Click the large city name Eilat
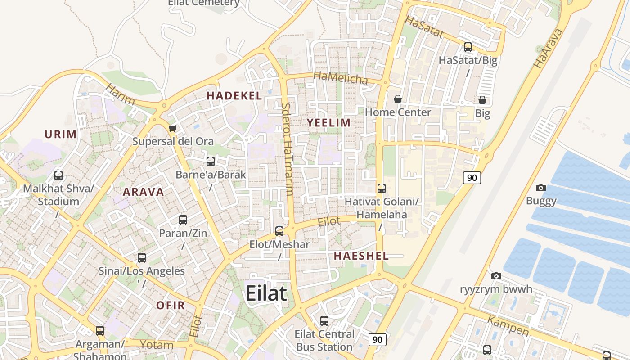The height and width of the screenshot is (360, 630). [x=266, y=293]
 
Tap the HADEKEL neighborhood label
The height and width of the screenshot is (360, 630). [x=234, y=95]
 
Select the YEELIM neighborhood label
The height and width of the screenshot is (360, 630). [x=328, y=122]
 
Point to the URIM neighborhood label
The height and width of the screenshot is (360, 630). [x=60, y=134]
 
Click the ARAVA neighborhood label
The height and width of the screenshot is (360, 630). [x=144, y=192]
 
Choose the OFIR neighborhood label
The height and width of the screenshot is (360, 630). [x=171, y=305]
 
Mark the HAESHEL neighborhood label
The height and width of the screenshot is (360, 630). [x=361, y=256]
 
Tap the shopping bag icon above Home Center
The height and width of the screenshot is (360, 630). [x=398, y=99]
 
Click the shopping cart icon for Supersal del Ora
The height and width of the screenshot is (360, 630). [x=172, y=129]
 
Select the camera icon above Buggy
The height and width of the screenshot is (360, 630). [x=541, y=188]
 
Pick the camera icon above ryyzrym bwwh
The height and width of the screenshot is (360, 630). [x=496, y=276]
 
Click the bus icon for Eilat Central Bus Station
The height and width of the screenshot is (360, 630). [x=324, y=321]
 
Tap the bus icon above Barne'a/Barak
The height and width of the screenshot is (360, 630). [x=211, y=161]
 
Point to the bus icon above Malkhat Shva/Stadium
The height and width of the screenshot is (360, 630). [x=58, y=175]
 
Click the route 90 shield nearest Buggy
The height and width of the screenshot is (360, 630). [x=472, y=178]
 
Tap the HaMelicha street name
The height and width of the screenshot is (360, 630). [x=341, y=78]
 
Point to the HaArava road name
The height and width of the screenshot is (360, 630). [x=548, y=49]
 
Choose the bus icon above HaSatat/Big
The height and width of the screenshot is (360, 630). [x=468, y=47]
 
